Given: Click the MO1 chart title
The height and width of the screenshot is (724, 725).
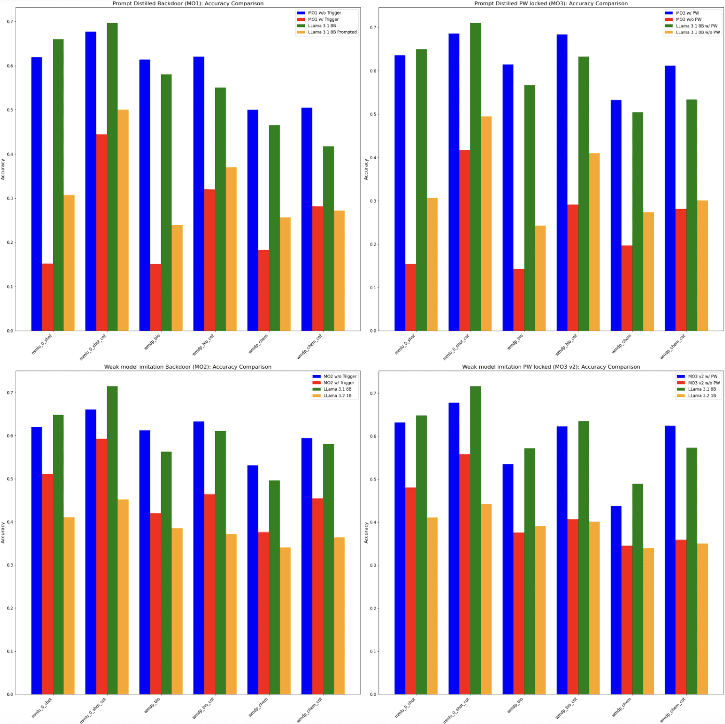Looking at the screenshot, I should click(x=188, y=4).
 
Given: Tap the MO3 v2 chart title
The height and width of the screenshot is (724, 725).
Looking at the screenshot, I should click(x=551, y=367).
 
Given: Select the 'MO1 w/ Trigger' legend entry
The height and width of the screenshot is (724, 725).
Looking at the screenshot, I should click(x=323, y=19).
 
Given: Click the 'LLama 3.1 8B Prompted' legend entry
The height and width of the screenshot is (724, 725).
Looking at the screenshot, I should click(x=332, y=32).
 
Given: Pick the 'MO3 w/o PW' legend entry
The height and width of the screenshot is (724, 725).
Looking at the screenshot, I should click(x=688, y=19).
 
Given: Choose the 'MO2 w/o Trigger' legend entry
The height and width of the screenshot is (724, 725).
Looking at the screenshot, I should click(x=340, y=376).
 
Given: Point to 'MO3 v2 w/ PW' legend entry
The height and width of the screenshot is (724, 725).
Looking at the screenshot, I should click(x=703, y=376).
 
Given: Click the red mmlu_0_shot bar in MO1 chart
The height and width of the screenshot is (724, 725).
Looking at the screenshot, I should click(x=47, y=297).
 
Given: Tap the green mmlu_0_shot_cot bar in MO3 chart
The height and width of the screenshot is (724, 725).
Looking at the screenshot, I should click(x=476, y=177).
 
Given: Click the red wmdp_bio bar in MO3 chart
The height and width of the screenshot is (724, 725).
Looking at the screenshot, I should click(x=519, y=300).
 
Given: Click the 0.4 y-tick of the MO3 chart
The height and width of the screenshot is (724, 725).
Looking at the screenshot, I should click(x=373, y=158).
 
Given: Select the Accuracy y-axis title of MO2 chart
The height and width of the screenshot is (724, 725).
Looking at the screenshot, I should click(x=3, y=533).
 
